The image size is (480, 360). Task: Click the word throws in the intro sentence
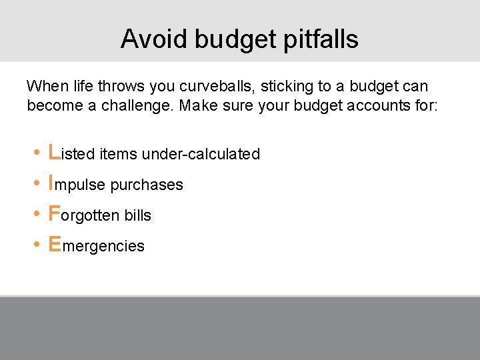click(x=121, y=86)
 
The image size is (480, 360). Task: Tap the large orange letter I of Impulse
click(x=51, y=183)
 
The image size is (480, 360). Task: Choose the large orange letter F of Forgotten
click(x=55, y=213)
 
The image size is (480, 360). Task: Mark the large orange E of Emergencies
click(x=55, y=244)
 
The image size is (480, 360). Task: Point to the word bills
click(x=137, y=215)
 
